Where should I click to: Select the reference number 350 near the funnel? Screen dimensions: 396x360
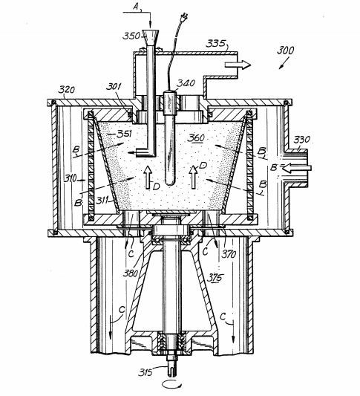click(x=131, y=35)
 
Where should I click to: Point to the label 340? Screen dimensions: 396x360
click(x=186, y=83)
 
